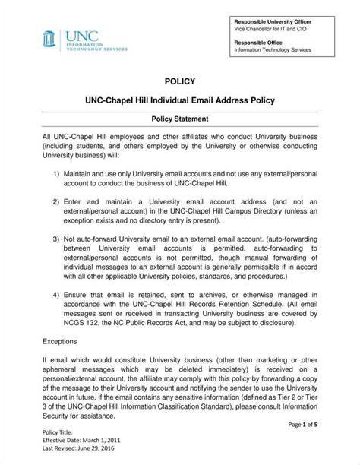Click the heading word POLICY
(179, 81)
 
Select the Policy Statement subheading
(180, 119)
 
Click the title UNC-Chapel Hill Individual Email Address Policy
(180, 100)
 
